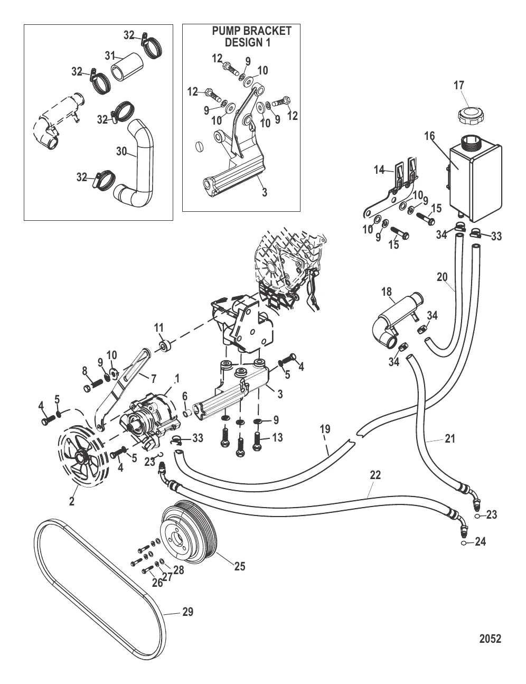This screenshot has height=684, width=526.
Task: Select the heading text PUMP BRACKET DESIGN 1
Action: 250,36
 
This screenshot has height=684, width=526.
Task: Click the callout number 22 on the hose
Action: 375,475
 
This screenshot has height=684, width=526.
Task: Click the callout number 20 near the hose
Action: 443,276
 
